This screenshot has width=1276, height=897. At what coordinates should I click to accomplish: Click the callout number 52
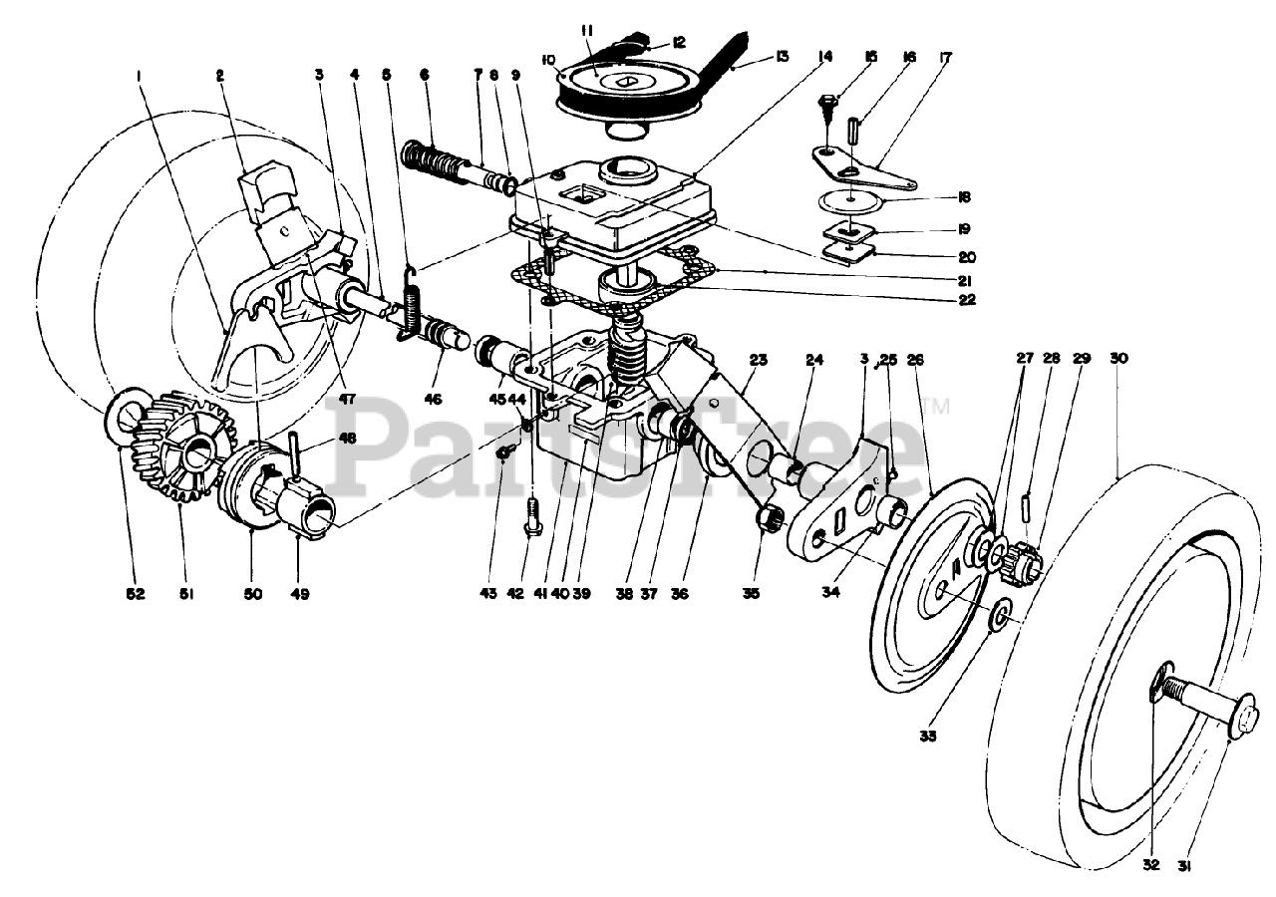point(136,594)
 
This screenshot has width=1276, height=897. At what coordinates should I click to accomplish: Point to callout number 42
point(515,594)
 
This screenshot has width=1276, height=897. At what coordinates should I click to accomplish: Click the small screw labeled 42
point(531,514)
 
